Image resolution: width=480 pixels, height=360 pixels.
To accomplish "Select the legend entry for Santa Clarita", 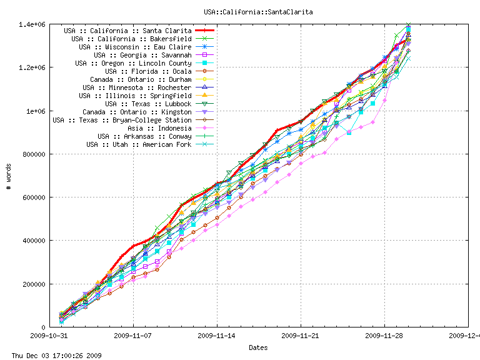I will tap(127, 30).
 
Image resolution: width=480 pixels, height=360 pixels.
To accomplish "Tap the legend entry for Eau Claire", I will tap(135, 46).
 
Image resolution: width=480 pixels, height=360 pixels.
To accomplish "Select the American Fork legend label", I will tap(139, 144).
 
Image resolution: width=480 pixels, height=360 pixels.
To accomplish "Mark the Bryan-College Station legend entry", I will tap(122, 119).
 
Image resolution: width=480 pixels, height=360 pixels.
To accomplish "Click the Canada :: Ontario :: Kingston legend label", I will tap(141, 111).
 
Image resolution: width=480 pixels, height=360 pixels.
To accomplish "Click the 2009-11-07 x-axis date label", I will tap(133, 335).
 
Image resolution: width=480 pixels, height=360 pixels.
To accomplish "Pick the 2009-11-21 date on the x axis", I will tap(301, 335).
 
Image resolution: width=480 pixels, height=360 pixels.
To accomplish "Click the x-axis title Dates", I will tap(258, 347).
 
